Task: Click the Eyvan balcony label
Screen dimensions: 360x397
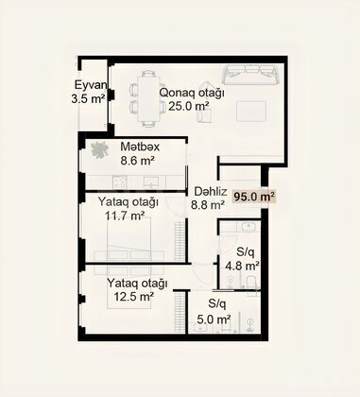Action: (x=91, y=85)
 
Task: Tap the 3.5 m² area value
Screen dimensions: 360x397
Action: (x=88, y=99)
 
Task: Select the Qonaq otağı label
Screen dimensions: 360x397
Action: (x=192, y=93)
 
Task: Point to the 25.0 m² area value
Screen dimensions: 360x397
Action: (x=189, y=106)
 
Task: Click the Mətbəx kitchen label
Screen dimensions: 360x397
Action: (x=140, y=147)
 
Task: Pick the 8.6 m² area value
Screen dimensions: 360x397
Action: (x=137, y=161)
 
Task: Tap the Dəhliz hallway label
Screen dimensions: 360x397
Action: (x=211, y=191)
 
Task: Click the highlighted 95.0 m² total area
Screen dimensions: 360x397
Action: (x=253, y=197)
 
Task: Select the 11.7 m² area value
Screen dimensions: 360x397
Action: (x=126, y=216)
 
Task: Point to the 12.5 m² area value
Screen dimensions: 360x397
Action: (x=134, y=297)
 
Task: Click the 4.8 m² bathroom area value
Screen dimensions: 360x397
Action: (x=242, y=266)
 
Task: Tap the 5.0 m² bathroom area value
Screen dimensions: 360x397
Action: (x=214, y=319)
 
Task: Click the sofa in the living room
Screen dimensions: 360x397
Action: (x=251, y=75)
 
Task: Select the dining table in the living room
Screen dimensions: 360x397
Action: (x=148, y=99)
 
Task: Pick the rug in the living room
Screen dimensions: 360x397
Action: (x=251, y=111)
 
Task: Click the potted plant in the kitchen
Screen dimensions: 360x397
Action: (x=100, y=149)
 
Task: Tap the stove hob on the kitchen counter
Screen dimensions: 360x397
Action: (x=120, y=182)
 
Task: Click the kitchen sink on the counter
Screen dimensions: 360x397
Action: (x=152, y=181)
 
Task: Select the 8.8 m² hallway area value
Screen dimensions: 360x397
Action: (x=208, y=205)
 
